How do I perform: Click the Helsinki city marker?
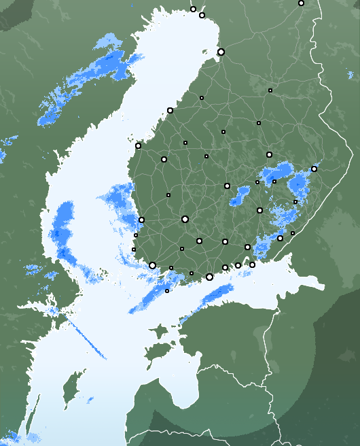(x=209, y=277)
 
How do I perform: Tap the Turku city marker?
(x=152, y=265)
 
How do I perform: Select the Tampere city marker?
(x=185, y=219)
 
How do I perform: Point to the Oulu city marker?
(x=221, y=52)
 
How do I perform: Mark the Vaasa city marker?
(x=138, y=145)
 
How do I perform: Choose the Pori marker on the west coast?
(x=141, y=220)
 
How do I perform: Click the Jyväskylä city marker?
(x=227, y=186)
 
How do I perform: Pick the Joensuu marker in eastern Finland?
(x=314, y=169)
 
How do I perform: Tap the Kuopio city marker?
(x=269, y=154)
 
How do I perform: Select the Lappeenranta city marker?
(x=280, y=238)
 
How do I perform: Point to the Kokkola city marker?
(x=170, y=110)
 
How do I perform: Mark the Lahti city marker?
(x=225, y=241)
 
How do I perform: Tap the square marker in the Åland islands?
(x=167, y=291)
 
